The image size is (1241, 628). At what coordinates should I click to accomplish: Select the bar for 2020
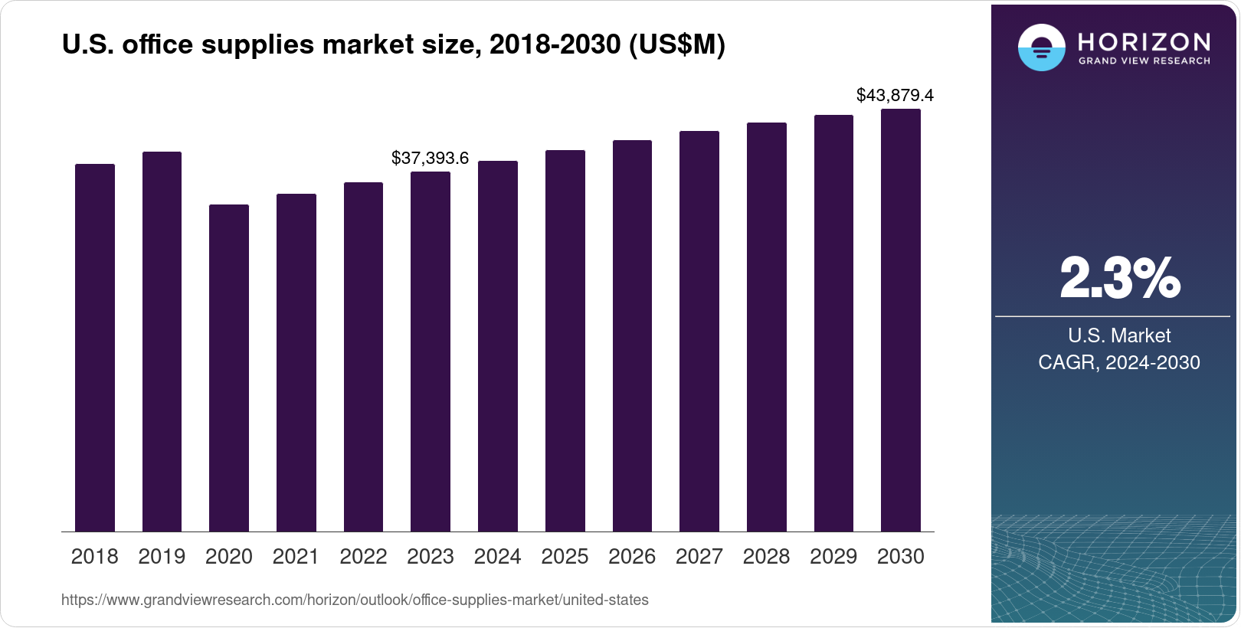pyautogui.click(x=228, y=368)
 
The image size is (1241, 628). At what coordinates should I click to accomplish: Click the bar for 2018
pyautogui.click(x=94, y=348)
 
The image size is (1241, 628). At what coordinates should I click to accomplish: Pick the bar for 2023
pyautogui.click(x=430, y=352)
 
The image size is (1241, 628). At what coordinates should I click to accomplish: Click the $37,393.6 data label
pyautogui.click(x=430, y=158)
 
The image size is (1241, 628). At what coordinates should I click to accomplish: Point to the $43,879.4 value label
pyautogui.click(x=895, y=96)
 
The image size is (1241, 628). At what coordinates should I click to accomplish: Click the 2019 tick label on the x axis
pyautogui.click(x=162, y=557)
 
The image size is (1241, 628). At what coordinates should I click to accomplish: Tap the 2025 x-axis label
pyautogui.click(x=565, y=557)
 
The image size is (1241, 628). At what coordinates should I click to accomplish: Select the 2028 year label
pyautogui.click(x=766, y=557)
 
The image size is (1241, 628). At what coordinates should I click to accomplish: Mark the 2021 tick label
pyautogui.click(x=296, y=557)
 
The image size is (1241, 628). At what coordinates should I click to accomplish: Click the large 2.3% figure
pyautogui.click(x=1119, y=278)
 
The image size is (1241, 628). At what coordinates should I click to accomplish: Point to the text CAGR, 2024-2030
pyautogui.click(x=1118, y=362)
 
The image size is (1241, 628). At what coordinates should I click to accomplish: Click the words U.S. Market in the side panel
pyautogui.click(x=1118, y=335)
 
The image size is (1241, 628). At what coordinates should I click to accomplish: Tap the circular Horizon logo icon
pyautogui.click(x=1041, y=47)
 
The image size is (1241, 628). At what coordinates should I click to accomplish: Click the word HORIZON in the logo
pyautogui.click(x=1144, y=41)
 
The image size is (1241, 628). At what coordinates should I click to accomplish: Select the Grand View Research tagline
pyautogui.click(x=1144, y=61)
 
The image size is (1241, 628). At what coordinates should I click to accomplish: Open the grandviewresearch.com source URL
pyautogui.click(x=355, y=600)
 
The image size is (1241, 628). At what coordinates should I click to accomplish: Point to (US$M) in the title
pyautogui.click(x=676, y=44)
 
